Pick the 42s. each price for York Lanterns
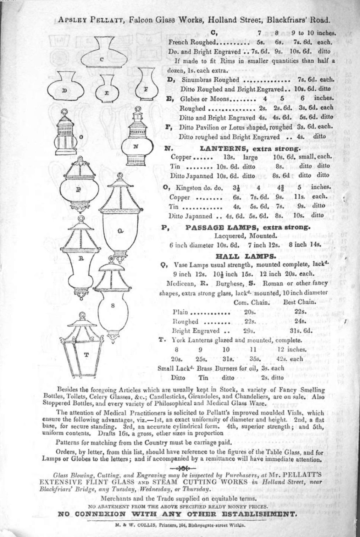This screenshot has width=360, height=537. coord(292,359)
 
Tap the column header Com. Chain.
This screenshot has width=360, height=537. coord(252,303)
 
